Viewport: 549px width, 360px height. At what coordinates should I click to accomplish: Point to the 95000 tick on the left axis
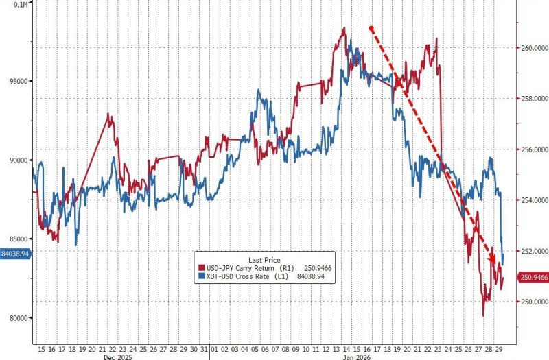[16, 81]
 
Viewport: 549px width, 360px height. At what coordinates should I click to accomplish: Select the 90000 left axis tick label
[16, 160]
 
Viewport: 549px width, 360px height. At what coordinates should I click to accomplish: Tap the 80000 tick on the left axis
[16, 318]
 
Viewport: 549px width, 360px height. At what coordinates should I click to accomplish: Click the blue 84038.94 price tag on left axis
[15, 254]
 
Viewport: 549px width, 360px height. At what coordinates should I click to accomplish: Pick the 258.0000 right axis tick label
[533, 99]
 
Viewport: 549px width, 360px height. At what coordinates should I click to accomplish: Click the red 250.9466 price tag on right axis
[533, 278]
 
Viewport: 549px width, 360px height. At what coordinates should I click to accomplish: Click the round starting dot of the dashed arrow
[371, 29]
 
